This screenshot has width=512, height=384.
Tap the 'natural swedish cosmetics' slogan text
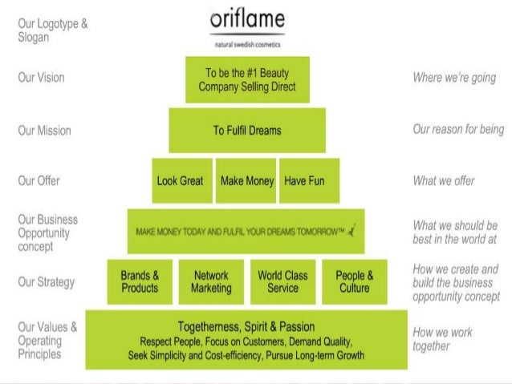point(246,45)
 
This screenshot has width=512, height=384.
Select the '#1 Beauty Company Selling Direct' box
point(246,79)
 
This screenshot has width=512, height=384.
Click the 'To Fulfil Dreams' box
point(246,130)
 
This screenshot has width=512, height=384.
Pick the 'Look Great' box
point(180,181)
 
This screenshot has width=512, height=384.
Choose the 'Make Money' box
point(247,181)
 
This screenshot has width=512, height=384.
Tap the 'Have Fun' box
point(304,181)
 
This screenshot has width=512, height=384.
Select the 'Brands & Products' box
point(140,281)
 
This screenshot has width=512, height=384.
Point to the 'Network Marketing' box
point(211,281)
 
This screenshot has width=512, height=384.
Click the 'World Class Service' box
point(283,281)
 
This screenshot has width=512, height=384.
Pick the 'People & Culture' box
point(354,281)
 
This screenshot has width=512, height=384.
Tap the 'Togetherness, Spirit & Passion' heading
point(246,327)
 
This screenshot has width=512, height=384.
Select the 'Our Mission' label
point(44,131)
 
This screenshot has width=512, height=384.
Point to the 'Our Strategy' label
point(46,281)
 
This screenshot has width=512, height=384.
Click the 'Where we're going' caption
point(453,78)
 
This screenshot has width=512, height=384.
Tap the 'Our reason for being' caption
point(458,129)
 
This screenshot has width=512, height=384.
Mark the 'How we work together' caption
point(442,339)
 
